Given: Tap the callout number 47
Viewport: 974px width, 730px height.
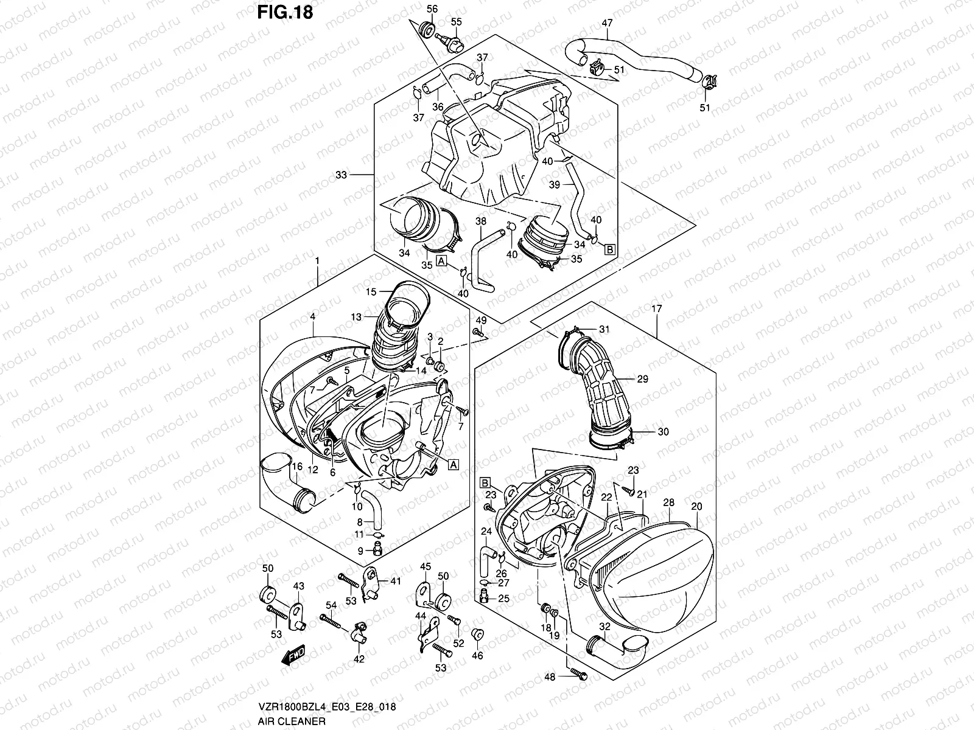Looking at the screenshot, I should (x=607, y=24).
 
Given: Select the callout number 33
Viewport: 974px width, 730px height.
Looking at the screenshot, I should (x=342, y=175).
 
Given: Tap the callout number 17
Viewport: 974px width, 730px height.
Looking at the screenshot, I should (x=656, y=309).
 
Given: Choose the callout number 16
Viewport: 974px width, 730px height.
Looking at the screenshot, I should (x=296, y=467).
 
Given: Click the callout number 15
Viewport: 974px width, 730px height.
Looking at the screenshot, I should (x=371, y=292).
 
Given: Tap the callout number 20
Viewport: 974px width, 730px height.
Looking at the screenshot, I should (x=697, y=507).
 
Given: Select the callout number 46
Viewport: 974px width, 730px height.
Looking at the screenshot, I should (x=478, y=656).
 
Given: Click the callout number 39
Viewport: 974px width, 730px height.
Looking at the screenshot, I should (x=555, y=185).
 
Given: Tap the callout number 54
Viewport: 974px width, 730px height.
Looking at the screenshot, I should (x=331, y=605).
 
